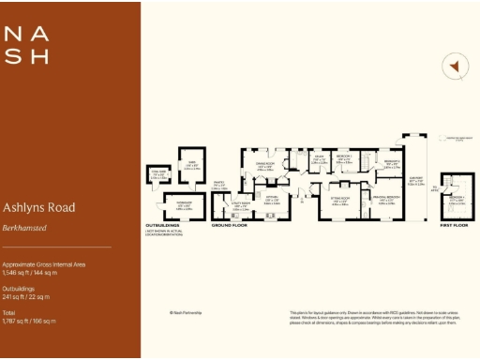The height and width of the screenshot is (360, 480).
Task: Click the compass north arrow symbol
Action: pyautogui.click(x=454, y=67)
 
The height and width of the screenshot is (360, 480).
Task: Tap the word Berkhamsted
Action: pyautogui.click(x=24, y=228)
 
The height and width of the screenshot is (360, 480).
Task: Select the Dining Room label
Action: pyautogui.click(x=264, y=167)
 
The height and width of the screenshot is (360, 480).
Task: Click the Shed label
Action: pyautogui.click(x=191, y=167)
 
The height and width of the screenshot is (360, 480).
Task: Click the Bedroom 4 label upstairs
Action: pyautogui.click(x=457, y=200)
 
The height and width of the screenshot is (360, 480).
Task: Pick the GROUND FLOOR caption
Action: pyautogui.click(x=227, y=226)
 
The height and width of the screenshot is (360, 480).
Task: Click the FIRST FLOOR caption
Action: pyautogui.click(x=457, y=226)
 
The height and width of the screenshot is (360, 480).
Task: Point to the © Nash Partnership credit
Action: pyautogui.click(x=186, y=313)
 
